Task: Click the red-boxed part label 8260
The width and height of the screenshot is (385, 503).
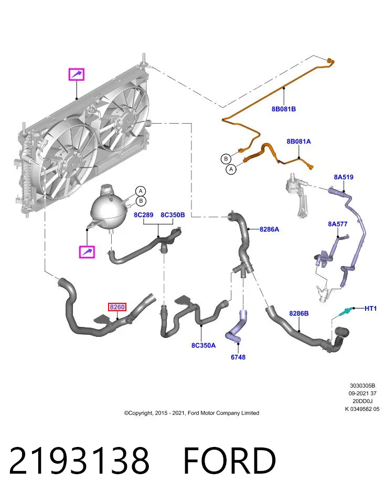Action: [117, 307]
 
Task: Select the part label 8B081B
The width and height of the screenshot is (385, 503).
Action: [284, 109]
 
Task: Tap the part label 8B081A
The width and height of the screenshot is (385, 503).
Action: [298, 141]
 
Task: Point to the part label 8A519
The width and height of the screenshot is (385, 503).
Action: [344, 177]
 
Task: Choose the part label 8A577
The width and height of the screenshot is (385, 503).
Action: [337, 224]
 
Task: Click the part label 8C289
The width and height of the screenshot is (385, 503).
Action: [144, 215]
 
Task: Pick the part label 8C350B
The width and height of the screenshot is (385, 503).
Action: [173, 215]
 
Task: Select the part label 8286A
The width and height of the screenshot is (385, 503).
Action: [269, 229]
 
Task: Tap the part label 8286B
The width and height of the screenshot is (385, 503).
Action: [299, 313]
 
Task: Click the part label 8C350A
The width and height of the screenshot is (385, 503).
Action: [204, 345]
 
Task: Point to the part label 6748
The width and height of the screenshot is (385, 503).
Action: [238, 357]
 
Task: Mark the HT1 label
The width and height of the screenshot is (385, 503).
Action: [370, 308]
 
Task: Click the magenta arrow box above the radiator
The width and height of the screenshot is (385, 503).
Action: [77, 74]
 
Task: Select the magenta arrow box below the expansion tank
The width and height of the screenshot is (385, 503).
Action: [87, 252]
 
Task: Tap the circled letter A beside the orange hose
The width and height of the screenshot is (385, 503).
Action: [231, 169]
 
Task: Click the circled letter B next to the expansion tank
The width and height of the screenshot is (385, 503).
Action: [141, 201]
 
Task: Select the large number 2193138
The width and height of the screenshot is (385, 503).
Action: [79, 461]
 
